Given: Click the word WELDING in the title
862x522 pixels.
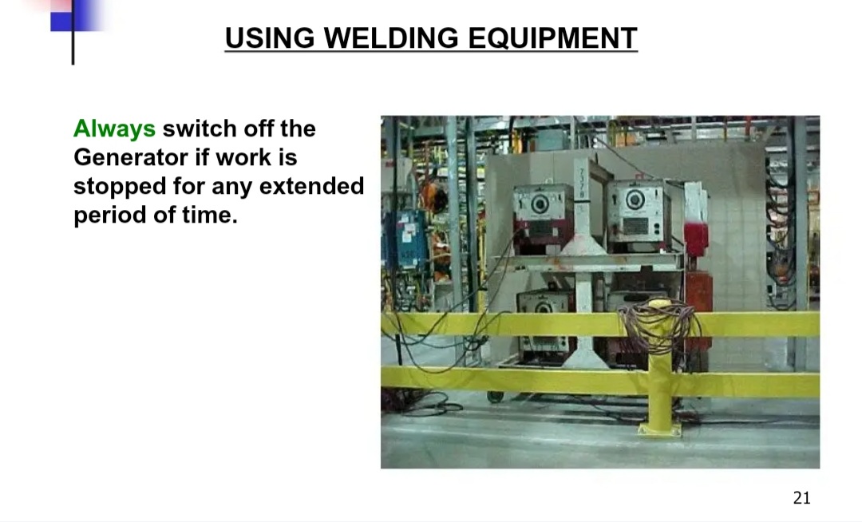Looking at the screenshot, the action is pyautogui.click(x=391, y=38).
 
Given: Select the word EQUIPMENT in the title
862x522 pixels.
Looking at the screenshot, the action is pyautogui.click(x=552, y=38).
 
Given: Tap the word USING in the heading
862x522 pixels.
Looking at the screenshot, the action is pyautogui.click(x=270, y=38).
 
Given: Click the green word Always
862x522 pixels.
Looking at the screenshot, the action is pyautogui.click(x=114, y=129).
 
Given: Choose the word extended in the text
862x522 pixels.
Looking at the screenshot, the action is pyautogui.click(x=311, y=186).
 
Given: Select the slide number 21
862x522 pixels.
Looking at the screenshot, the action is pyautogui.click(x=801, y=498).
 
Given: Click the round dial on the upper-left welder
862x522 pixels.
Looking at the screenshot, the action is pyautogui.click(x=540, y=204).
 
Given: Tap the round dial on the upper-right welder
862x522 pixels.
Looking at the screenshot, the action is pyautogui.click(x=635, y=200).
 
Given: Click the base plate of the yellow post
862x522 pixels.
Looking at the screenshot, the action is pyautogui.click(x=660, y=429).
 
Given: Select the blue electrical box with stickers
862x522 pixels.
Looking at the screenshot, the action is pyautogui.click(x=405, y=239).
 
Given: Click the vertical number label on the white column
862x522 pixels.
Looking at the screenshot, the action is pyautogui.click(x=582, y=184).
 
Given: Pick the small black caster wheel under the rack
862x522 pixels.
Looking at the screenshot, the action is pyautogui.click(x=496, y=396).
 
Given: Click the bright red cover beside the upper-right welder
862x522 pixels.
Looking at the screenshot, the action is pyautogui.click(x=695, y=238).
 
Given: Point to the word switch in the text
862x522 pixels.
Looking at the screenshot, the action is pyautogui.click(x=200, y=129).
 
